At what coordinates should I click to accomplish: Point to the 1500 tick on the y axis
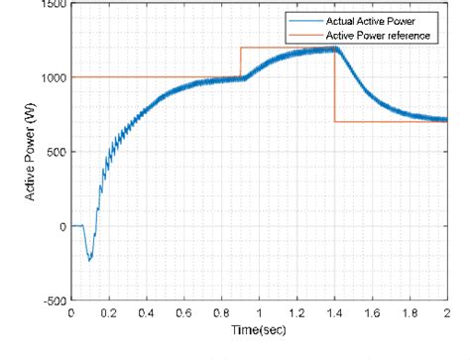[50, 4]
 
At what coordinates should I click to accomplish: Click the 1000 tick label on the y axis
[50, 77]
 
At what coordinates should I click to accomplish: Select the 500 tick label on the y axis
[53, 152]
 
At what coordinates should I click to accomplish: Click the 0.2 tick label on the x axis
[108, 311]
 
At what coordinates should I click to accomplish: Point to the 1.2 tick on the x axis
[296, 311]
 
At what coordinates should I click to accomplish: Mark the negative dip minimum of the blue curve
[89, 260]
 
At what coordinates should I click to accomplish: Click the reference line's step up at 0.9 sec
[240, 62]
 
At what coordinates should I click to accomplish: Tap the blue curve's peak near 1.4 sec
[333, 48]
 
